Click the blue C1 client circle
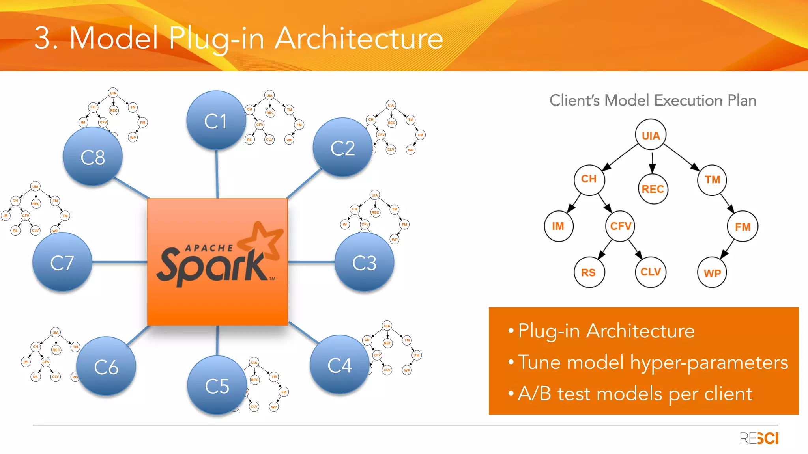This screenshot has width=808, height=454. (x=216, y=120)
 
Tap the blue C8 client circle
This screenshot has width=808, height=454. (x=93, y=156)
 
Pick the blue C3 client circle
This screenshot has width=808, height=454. (x=364, y=262)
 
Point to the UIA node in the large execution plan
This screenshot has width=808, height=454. (x=651, y=135)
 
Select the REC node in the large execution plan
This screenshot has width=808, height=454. (x=653, y=189)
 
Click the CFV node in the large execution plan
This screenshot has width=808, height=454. (x=620, y=226)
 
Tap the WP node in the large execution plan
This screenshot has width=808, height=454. (x=712, y=273)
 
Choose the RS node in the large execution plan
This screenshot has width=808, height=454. (x=588, y=272)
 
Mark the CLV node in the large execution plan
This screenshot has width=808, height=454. (x=650, y=272)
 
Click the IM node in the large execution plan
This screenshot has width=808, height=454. (x=558, y=226)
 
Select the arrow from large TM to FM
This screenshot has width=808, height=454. (x=727, y=203)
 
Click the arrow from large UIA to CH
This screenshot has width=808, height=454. (x=621, y=157)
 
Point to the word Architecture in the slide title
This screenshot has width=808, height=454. (x=359, y=38)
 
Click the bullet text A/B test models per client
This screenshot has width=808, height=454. (x=635, y=394)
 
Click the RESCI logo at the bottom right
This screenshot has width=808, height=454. (x=759, y=438)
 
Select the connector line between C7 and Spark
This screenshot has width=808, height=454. (x=120, y=262)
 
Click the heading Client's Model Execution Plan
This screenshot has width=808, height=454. (x=653, y=100)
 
